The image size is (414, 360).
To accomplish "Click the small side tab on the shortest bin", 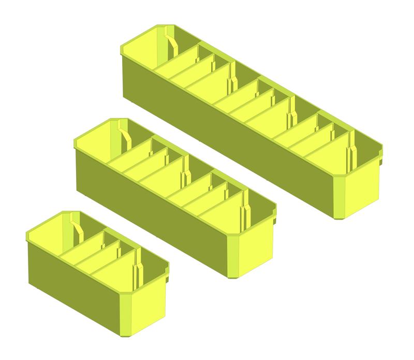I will tap(168, 280).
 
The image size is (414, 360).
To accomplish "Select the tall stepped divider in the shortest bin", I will tap(137, 269).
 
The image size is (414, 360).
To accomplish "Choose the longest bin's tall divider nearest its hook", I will tap(232, 78).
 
